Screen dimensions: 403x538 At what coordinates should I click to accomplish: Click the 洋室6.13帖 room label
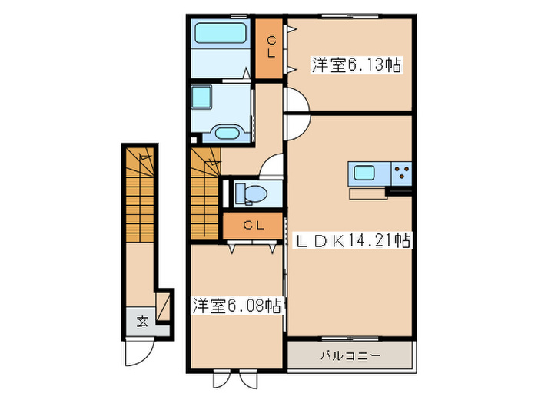click(356, 65)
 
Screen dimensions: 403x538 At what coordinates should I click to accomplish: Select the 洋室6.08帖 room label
click(236, 306)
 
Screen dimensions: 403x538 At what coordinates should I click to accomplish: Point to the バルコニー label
click(350, 356)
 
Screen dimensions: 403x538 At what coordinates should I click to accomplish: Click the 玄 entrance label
click(143, 321)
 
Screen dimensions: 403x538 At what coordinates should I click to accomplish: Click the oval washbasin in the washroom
click(226, 133)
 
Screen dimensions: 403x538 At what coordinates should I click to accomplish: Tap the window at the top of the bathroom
click(221, 16)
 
